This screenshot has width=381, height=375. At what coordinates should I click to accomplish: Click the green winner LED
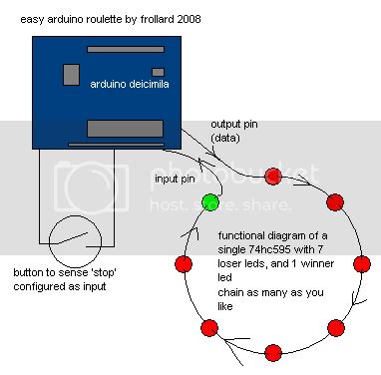[x=209, y=202]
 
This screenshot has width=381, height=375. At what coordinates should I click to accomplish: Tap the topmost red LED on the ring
[x=272, y=178]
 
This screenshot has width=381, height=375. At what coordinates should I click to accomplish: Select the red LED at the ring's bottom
[x=272, y=353]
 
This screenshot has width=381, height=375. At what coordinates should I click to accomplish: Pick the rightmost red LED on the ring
[x=362, y=265]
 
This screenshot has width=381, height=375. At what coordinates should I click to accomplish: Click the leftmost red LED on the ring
[x=183, y=264]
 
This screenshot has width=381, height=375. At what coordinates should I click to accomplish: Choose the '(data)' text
[x=225, y=138]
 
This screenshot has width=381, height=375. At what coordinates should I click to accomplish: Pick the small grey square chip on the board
[x=71, y=74]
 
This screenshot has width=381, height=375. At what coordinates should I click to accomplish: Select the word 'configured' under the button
[x=41, y=286]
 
